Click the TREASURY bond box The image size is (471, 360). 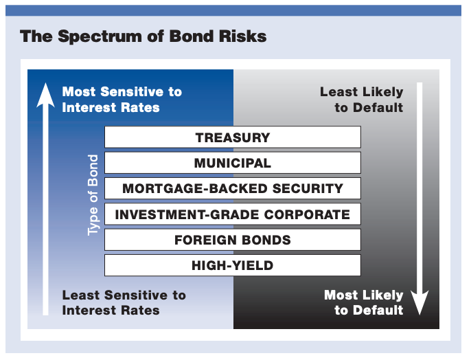[x=232, y=137]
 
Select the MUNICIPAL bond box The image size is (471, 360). [x=232, y=163]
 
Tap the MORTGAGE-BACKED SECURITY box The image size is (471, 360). [x=232, y=188]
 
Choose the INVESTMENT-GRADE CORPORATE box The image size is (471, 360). [x=232, y=214]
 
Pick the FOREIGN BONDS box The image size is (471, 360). [x=232, y=240]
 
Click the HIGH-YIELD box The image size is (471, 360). [x=232, y=265]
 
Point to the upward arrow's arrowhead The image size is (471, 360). [x=45, y=93]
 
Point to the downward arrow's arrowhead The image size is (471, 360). [x=420, y=302]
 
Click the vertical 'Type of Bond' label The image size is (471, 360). [x=93, y=195]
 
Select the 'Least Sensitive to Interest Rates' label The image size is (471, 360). [x=124, y=302]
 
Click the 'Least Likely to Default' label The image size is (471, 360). [x=361, y=100]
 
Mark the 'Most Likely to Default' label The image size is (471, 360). [x=363, y=302]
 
